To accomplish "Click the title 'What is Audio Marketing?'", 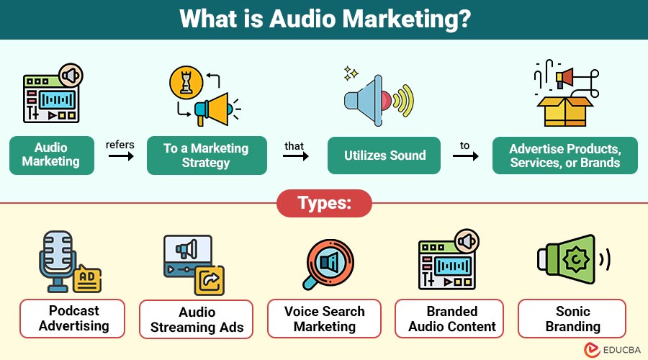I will tap(324, 19).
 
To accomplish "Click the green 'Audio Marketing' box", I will tap(52, 156).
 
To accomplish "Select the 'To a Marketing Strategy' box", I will tap(207, 156).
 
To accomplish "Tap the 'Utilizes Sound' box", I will tap(384, 156).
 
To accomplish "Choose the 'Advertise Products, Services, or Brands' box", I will tap(564, 156).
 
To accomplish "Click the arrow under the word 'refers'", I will tap(120, 156).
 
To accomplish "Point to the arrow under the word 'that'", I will tap(294, 156).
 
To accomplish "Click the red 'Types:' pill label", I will tap(324, 203).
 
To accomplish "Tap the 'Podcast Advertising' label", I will tap(72, 318).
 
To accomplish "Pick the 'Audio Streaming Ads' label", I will tap(196, 319).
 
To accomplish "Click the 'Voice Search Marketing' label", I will tap(324, 319).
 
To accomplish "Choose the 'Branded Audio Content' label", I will tap(452, 319).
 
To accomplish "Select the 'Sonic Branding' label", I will tap(572, 319).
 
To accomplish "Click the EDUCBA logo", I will tap(603, 348).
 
